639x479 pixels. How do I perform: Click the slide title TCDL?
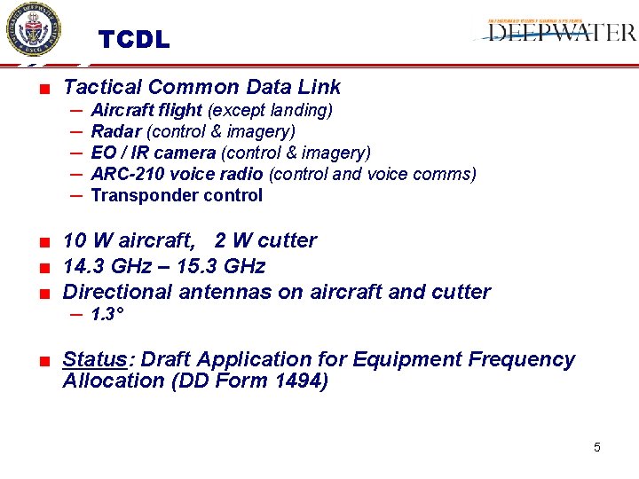(x=133, y=41)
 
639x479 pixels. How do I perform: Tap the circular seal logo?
(x=33, y=31)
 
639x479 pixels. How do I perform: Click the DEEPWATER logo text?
(x=562, y=33)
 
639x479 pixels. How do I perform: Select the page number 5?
(x=596, y=448)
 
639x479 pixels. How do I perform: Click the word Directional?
(x=118, y=292)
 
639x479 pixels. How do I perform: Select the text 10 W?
(x=85, y=240)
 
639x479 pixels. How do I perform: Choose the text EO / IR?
(x=119, y=153)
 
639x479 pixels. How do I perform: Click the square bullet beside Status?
(x=43, y=360)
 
